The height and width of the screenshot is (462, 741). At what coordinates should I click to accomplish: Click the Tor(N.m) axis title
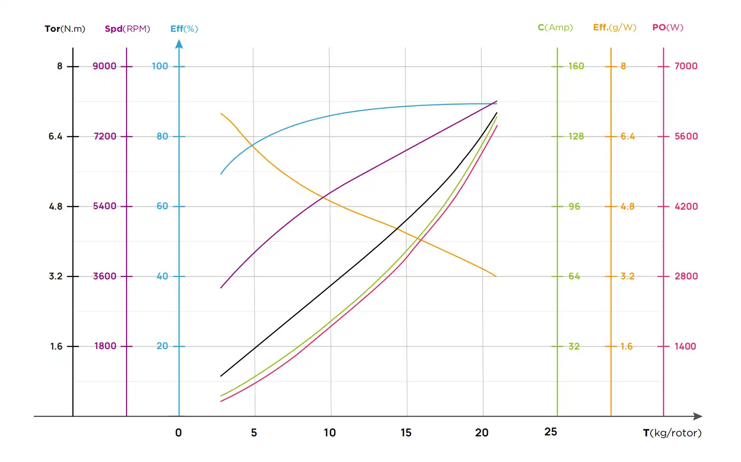pyautogui.click(x=65, y=28)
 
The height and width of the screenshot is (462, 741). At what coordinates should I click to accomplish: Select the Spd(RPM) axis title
pyautogui.click(x=127, y=28)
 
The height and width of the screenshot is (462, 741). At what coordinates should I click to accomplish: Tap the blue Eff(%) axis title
pyautogui.click(x=184, y=28)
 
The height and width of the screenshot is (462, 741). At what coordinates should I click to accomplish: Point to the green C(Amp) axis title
pyautogui.click(x=555, y=28)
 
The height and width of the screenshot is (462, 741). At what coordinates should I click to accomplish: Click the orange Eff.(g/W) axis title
pyautogui.click(x=614, y=28)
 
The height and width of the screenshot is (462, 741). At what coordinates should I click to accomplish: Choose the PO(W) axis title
pyautogui.click(x=668, y=28)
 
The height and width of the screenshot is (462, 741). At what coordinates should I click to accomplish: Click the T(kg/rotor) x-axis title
pyautogui.click(x=672, y=433)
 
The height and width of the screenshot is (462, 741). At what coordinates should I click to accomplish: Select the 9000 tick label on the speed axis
pyautogui.click(x=104, y=66)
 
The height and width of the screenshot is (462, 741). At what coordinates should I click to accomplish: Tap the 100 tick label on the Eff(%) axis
pyautogui.click(x=160, y=66)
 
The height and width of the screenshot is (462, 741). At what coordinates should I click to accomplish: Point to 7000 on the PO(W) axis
pyautogui.click(x=686, y=66)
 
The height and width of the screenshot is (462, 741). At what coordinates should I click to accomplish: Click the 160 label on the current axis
pyautogui.click(x=576, y=66)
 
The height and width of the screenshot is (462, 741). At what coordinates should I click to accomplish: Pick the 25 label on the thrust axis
pyautogui.click(x=550, y=432)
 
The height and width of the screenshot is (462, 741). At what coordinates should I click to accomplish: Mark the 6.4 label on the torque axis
pyautogui.click(x=55, y=136)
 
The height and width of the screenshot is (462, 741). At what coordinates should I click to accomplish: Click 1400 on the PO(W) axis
pyautogui.click(x=685, y=346)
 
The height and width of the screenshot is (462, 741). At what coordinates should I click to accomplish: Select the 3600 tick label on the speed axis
pyautogui.click(x=104, y=276)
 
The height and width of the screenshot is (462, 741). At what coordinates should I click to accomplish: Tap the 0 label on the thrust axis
pyautogui.click(x=178, y=433)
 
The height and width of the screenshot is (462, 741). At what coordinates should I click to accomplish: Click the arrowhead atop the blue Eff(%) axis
pyautogui.click(x=179, y=44)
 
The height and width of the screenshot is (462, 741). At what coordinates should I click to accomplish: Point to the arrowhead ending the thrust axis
pyautogui.click(x=698, y=416)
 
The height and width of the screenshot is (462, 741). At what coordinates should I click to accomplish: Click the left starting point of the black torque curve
pyautogui.click(x=221, y=376)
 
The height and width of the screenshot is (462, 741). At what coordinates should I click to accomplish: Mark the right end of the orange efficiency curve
pyautogui.click(x=496, y=276)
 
